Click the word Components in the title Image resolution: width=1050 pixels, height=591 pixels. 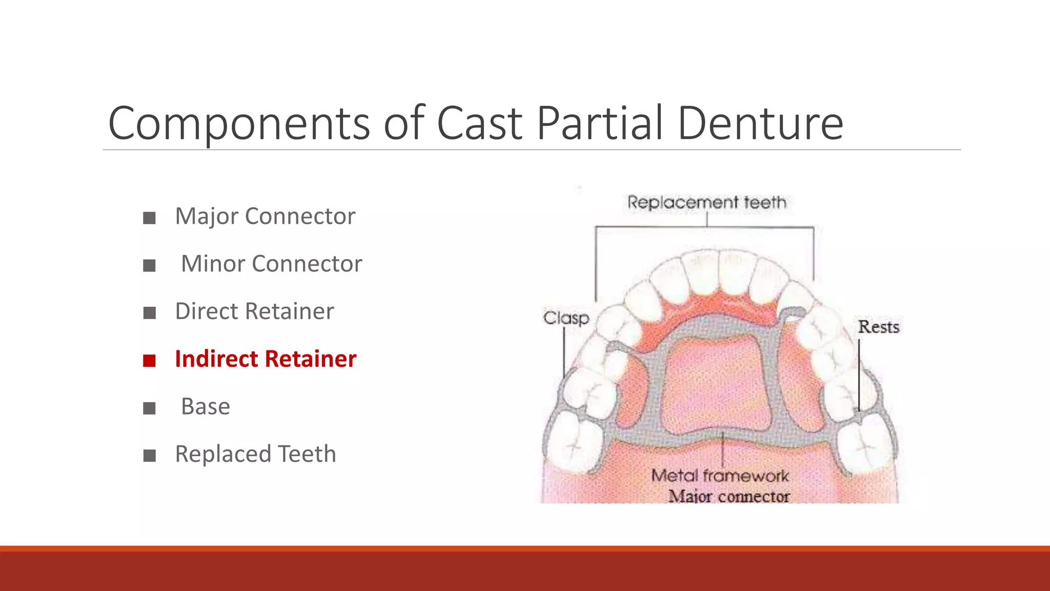(238, 123)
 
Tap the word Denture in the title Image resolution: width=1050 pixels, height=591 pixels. (760, 123)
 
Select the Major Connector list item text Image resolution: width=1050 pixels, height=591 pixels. (265, 216)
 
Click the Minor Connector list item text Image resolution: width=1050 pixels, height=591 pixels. (271, 264)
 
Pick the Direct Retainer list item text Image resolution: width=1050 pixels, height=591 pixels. (254, 311)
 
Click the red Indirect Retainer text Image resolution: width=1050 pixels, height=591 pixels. (266, 359)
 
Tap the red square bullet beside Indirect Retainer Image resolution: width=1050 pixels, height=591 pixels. (149, 361)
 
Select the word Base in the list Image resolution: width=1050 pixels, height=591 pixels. (206, 406)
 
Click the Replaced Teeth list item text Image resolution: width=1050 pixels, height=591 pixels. (255, 454)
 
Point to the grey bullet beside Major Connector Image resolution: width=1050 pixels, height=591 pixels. (149, 218)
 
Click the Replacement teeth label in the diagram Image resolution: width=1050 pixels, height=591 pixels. (706, 202)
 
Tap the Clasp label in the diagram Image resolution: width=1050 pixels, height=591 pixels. (566, 318)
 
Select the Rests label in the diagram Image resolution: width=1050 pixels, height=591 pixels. (879, 327)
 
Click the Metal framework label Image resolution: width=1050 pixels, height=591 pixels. (720, 476)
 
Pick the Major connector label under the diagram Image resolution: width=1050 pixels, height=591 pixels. (729, 496)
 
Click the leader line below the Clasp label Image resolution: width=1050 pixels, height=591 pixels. (564, 354)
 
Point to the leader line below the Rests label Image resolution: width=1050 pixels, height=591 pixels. (859, 375)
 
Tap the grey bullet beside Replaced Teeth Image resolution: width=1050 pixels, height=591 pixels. (149, 456)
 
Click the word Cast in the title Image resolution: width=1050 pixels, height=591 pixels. (479, 123)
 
